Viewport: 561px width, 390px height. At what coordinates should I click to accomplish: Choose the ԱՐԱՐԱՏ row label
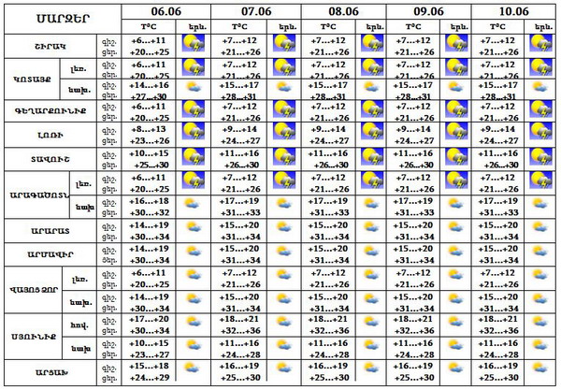coord(50,230)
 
